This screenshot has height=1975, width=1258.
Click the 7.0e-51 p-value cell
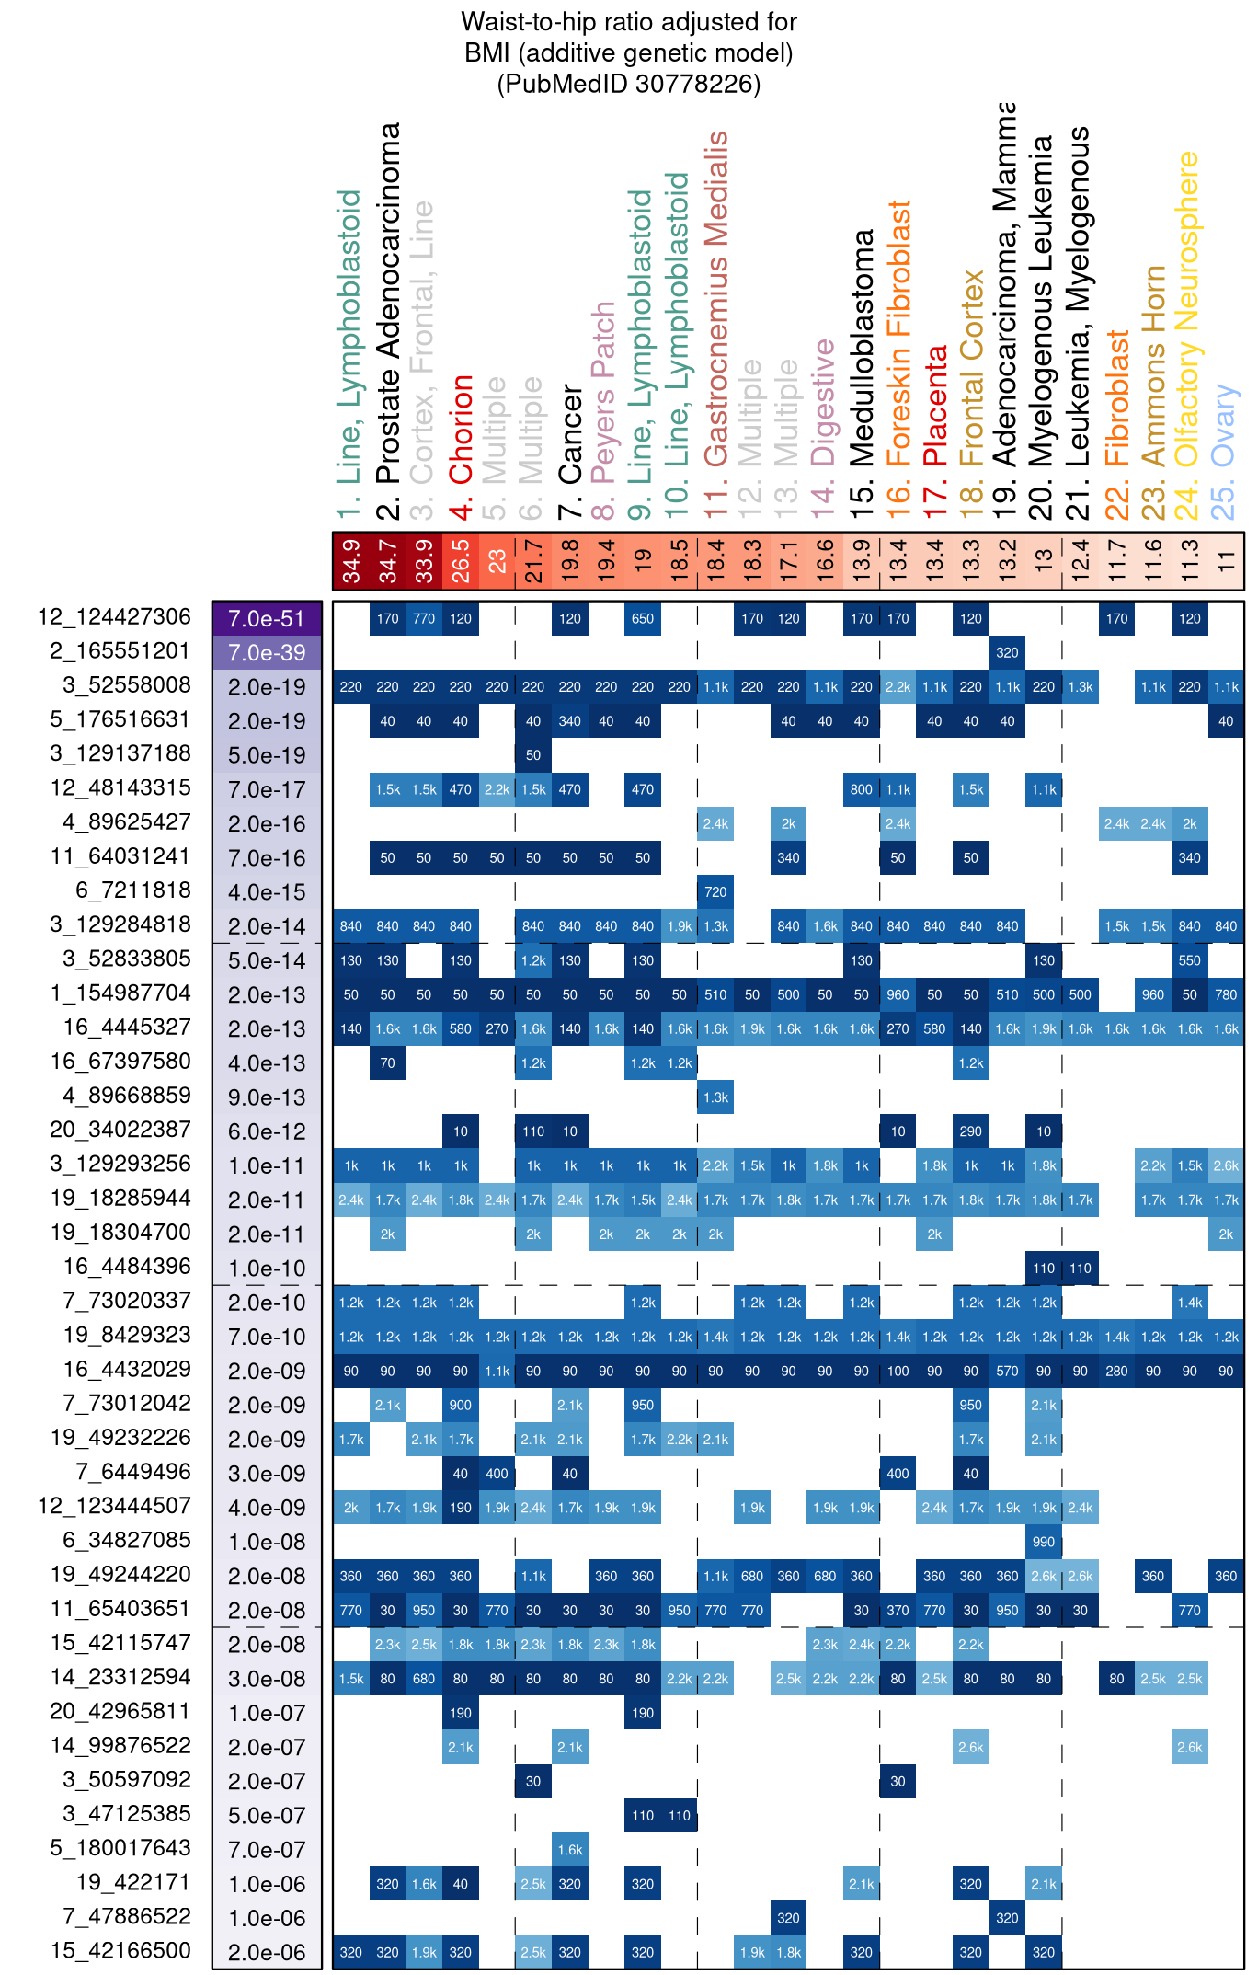[267, 618]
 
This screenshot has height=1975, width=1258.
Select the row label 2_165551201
[120, 651]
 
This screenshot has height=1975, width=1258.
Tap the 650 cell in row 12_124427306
[643, 618]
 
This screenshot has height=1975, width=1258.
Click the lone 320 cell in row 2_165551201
[1007, 652]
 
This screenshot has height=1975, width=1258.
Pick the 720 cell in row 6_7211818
[715, 891]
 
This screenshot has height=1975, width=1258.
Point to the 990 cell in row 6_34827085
[1044, 1542]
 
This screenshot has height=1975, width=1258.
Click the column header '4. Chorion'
[461, 429]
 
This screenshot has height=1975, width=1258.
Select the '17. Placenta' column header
[935, 405]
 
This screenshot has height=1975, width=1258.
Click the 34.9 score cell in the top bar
[351, 561]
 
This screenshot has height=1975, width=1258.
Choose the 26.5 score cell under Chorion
[461, 561]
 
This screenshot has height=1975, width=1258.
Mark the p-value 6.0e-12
[267, 1131]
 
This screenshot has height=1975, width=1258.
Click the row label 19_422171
[133, 1883]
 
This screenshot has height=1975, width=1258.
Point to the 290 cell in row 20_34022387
[971, 1131]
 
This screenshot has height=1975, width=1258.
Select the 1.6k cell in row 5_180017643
[570, 1850]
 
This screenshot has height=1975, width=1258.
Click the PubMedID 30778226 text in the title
[629, 84]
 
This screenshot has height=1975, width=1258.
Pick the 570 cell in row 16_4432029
[1007, 1371]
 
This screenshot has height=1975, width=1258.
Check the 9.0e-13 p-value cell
[267, 1097]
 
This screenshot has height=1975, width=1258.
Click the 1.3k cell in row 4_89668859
[715, 1097]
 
